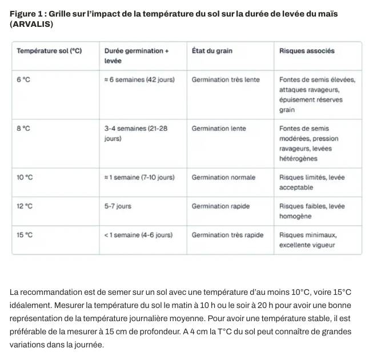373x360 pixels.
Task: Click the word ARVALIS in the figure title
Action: click(x=31, y=25)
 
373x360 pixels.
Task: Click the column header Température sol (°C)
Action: click(x=49, y=51)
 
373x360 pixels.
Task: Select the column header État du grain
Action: click(x=212, y=51)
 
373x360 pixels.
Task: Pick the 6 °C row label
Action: click(x=23, y=80)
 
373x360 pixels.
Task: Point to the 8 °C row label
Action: click(x=23, y=129)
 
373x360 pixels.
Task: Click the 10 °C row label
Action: click(x=25, y=178)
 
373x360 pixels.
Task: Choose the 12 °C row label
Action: click(x=25, y=206)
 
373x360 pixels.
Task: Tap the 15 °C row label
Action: click(x=25, y=235)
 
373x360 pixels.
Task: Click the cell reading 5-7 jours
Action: click(x=118, y=206)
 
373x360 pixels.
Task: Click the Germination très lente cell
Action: click(x=226, y=80)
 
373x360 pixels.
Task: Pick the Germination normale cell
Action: click(x=223, y=178)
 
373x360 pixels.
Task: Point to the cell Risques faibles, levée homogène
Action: click(x=312, y=211)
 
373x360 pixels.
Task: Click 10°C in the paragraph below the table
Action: click(x=299, y=293)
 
